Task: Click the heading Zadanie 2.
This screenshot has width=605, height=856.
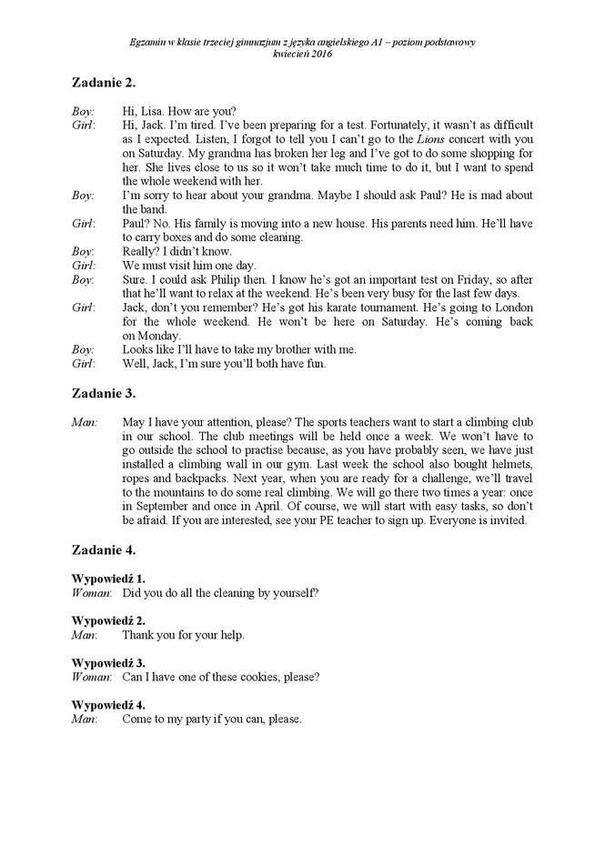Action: pos(104,83)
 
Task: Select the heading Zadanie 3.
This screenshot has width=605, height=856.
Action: pos(104,393)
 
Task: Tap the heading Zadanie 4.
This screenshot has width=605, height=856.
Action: pos(104,549)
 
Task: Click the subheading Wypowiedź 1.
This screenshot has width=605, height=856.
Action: pos(108,579)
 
